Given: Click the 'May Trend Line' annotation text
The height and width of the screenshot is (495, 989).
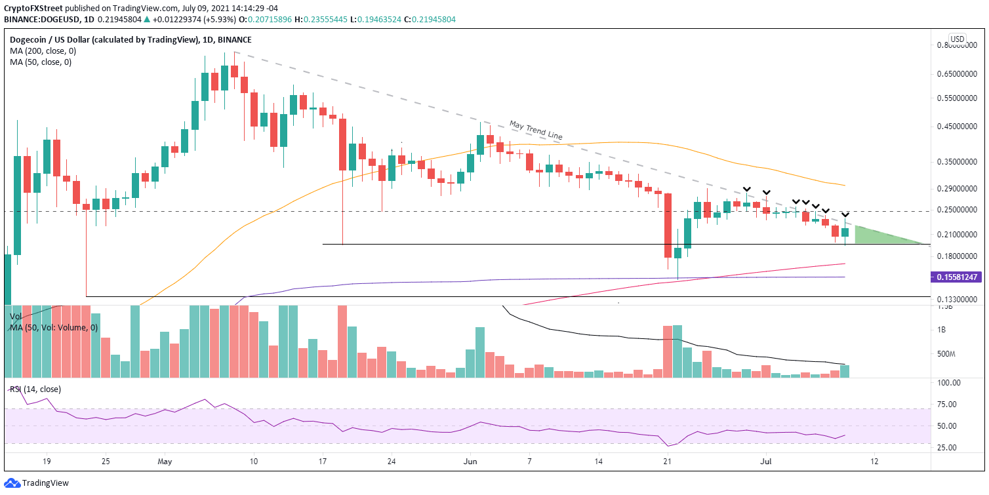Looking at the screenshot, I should pos(535,130).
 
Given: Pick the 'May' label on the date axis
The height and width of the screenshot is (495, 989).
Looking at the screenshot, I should pos(165,462).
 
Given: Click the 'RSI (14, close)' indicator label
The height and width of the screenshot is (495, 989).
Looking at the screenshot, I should pos(35,389).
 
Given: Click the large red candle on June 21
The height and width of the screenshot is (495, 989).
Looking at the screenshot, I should pos(667,225).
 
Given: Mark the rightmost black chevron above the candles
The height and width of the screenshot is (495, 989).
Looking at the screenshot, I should pos(845,215).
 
